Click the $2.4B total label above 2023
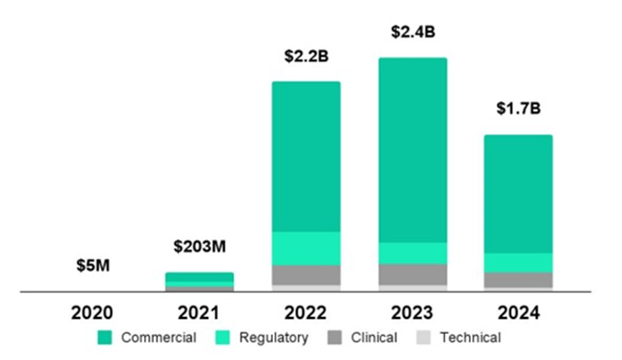pyautogui.click(x=412, y=33)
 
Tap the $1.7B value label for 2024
pyautogui.click(x=518, y=109)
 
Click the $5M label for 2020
pyautogui.click(x=92, y=267)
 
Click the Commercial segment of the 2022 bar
pyautogui.click(x=306, y=156)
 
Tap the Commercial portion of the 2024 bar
pyautogui.click(x=518, y=193)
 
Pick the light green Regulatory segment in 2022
pyautogui.click(x=306, y=248)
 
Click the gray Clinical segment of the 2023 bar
pyautogui.click(x=412, y=274)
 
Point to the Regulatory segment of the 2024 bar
pyautogui.click(x=518, y=262)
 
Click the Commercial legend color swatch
pyautogui.click(x=106, y=338)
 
